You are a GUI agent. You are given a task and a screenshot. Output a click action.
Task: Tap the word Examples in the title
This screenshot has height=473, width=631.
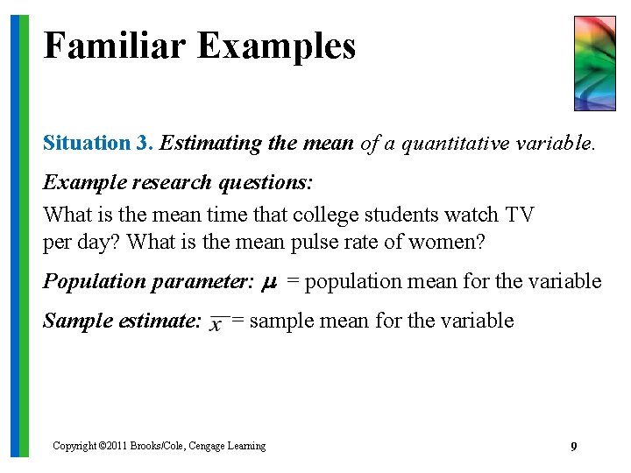click(x=276, y=46)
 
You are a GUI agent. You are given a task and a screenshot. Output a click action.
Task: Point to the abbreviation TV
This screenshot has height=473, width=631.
click(x=519, y=215)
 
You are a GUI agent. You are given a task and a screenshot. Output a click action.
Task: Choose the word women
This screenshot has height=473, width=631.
click(x=447, y=243)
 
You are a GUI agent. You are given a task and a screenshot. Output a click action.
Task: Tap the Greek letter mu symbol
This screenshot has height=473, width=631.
click(x=271, y=283)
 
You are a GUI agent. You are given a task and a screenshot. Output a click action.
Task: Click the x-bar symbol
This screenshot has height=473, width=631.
click(x=216, y=322)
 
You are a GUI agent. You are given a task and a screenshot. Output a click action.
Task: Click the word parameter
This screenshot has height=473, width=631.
click(x=206, y=282)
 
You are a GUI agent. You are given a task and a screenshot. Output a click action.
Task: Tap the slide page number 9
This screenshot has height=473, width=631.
click(x=573, y=448)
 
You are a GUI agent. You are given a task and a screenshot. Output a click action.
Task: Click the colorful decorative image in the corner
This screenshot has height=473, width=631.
click(x=594, y=63)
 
